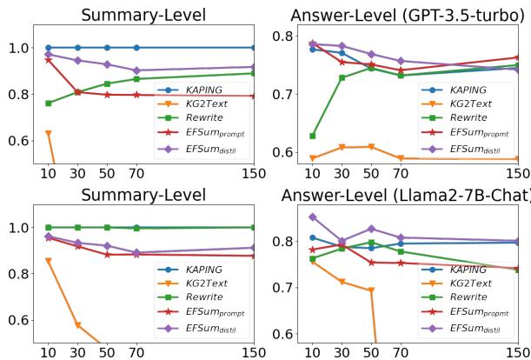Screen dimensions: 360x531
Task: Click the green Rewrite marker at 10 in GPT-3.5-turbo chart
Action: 313,136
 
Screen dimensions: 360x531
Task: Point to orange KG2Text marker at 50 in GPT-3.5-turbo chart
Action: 372,147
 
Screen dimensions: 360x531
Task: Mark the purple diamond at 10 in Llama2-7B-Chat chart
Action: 313,217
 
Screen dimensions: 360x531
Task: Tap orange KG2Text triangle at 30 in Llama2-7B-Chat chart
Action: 342,282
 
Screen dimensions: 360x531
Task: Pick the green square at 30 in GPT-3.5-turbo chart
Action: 342,77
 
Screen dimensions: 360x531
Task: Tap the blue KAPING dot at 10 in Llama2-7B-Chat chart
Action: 313,237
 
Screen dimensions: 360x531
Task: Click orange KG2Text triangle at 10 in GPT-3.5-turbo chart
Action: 313,158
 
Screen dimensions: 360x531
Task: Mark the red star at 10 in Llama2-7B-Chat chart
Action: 313,250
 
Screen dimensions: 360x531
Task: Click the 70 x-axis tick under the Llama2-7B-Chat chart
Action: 401,352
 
